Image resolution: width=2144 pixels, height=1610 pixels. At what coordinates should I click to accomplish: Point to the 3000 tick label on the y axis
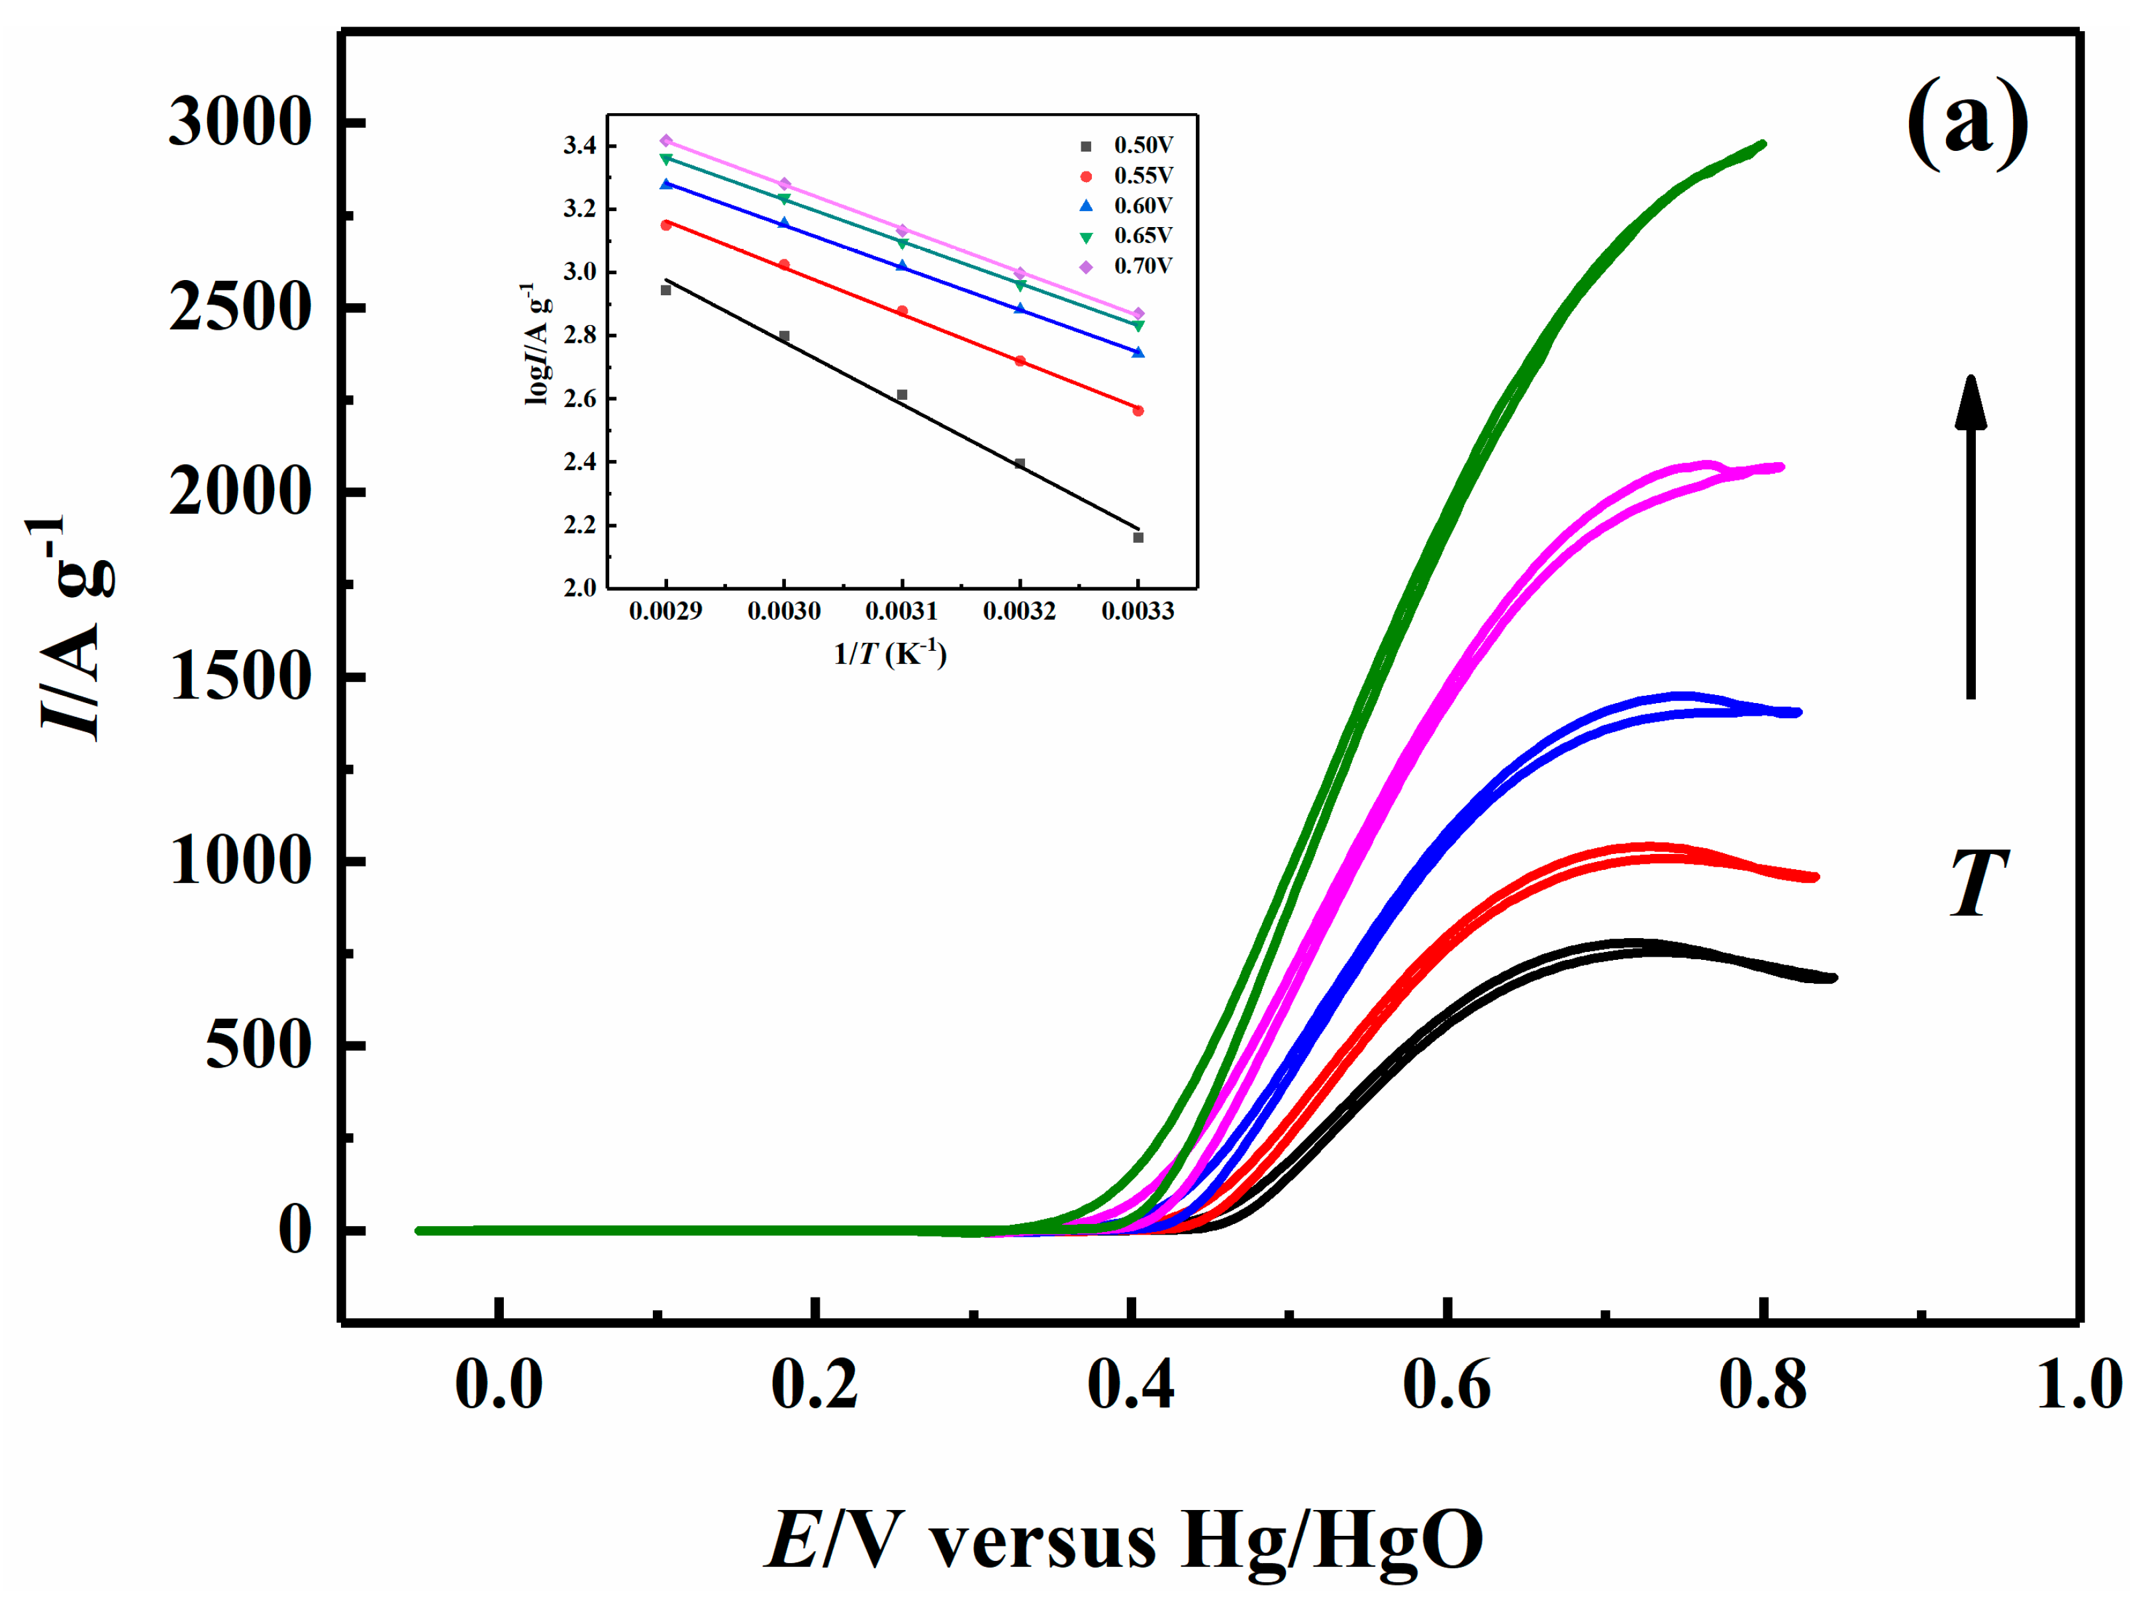[x=240, y=123]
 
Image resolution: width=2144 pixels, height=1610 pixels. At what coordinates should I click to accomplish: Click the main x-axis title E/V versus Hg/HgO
[x=1124, y=1540]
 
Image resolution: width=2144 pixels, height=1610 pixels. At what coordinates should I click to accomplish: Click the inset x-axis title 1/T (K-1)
[x=890, y=653]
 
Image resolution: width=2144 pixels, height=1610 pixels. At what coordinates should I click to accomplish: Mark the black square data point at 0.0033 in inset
[x=1138, y=537]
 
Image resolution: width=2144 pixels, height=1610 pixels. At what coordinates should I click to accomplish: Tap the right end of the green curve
[x=1761, y=144]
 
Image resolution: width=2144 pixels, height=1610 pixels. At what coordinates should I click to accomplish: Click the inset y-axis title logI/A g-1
[x=537, y=344]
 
